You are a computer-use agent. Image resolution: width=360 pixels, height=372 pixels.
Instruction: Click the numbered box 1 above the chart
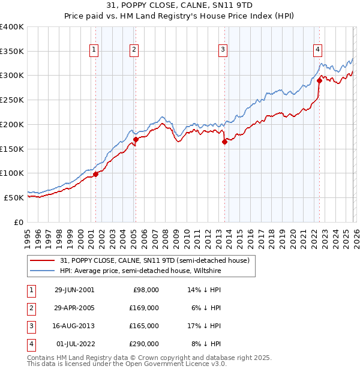tap(94, 50)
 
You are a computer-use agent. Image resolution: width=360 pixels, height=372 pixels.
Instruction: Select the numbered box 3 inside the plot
tap(223, 50)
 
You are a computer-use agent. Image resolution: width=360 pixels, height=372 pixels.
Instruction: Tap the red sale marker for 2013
tap(224, 142)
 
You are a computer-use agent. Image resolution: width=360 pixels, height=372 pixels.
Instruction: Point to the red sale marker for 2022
tap(319, 80)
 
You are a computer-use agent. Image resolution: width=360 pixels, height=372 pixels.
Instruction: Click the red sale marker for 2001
tap(96, 175)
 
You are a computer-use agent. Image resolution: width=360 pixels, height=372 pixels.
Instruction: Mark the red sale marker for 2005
tap(136, 140)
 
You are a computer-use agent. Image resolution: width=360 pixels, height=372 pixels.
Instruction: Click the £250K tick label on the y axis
tap(12, 100)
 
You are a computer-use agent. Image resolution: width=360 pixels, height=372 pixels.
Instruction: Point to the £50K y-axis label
tap(14, 197)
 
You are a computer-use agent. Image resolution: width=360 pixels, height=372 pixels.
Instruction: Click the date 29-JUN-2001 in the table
tap(74, 289)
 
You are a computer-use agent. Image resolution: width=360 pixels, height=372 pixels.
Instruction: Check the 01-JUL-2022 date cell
tap(74, 344)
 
